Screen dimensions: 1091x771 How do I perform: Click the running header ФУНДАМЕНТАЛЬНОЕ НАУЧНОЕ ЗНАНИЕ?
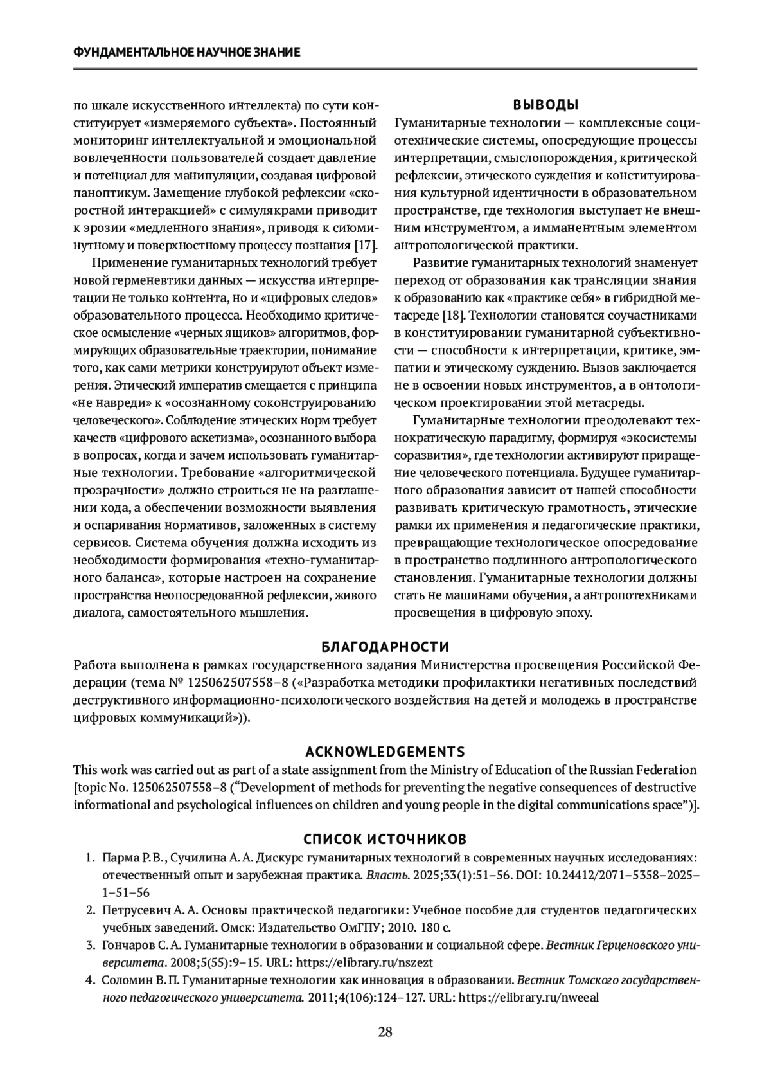(x=186, y=52)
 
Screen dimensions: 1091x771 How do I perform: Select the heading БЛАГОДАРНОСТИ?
(x=385, y=647)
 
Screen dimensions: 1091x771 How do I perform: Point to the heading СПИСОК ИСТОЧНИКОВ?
(x=385, y=840)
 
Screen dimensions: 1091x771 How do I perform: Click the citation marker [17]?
(x=366, y=245)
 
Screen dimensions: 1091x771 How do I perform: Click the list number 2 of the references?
(x=91, y=910)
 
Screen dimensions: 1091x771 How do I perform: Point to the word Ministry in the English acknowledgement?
(x=452, y=770)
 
